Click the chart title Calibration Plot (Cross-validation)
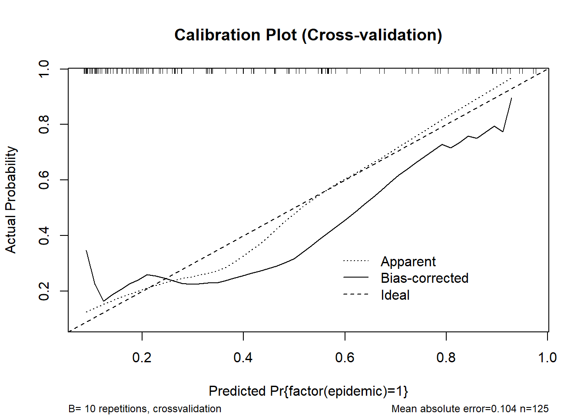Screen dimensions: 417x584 [x=308, y=35]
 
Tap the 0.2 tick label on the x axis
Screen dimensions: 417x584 [x=142, y=357]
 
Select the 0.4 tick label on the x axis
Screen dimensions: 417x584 [x=243, y=357]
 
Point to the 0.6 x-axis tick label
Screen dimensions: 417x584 [x=345, y=357]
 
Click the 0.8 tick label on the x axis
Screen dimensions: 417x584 [x=446, y=357]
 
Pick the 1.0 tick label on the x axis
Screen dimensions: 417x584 [x=547, y=357]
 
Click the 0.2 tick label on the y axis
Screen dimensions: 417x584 [x=44, y=291]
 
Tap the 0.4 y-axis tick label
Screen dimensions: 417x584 [x=44, y=235]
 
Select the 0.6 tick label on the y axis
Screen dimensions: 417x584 [x=44, y=180]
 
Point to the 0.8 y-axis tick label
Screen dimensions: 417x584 [x=44, y=124]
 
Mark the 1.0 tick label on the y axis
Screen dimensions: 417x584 [x=44, y=69]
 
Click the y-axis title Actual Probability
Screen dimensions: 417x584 [x=11, y=199]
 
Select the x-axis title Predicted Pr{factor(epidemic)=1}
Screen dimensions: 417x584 [x=308, y=391]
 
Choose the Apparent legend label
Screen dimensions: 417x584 [x=408, y=261]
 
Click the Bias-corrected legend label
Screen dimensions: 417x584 [x=425, y=278]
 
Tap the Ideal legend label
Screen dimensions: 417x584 [x=395, y=295]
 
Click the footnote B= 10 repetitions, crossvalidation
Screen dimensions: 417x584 [x=145, y=409]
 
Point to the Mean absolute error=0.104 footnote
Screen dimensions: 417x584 [x=454, y=409]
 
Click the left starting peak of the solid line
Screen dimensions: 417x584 [x=86, y=251]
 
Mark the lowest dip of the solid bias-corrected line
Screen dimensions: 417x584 [x=103, y=301]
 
